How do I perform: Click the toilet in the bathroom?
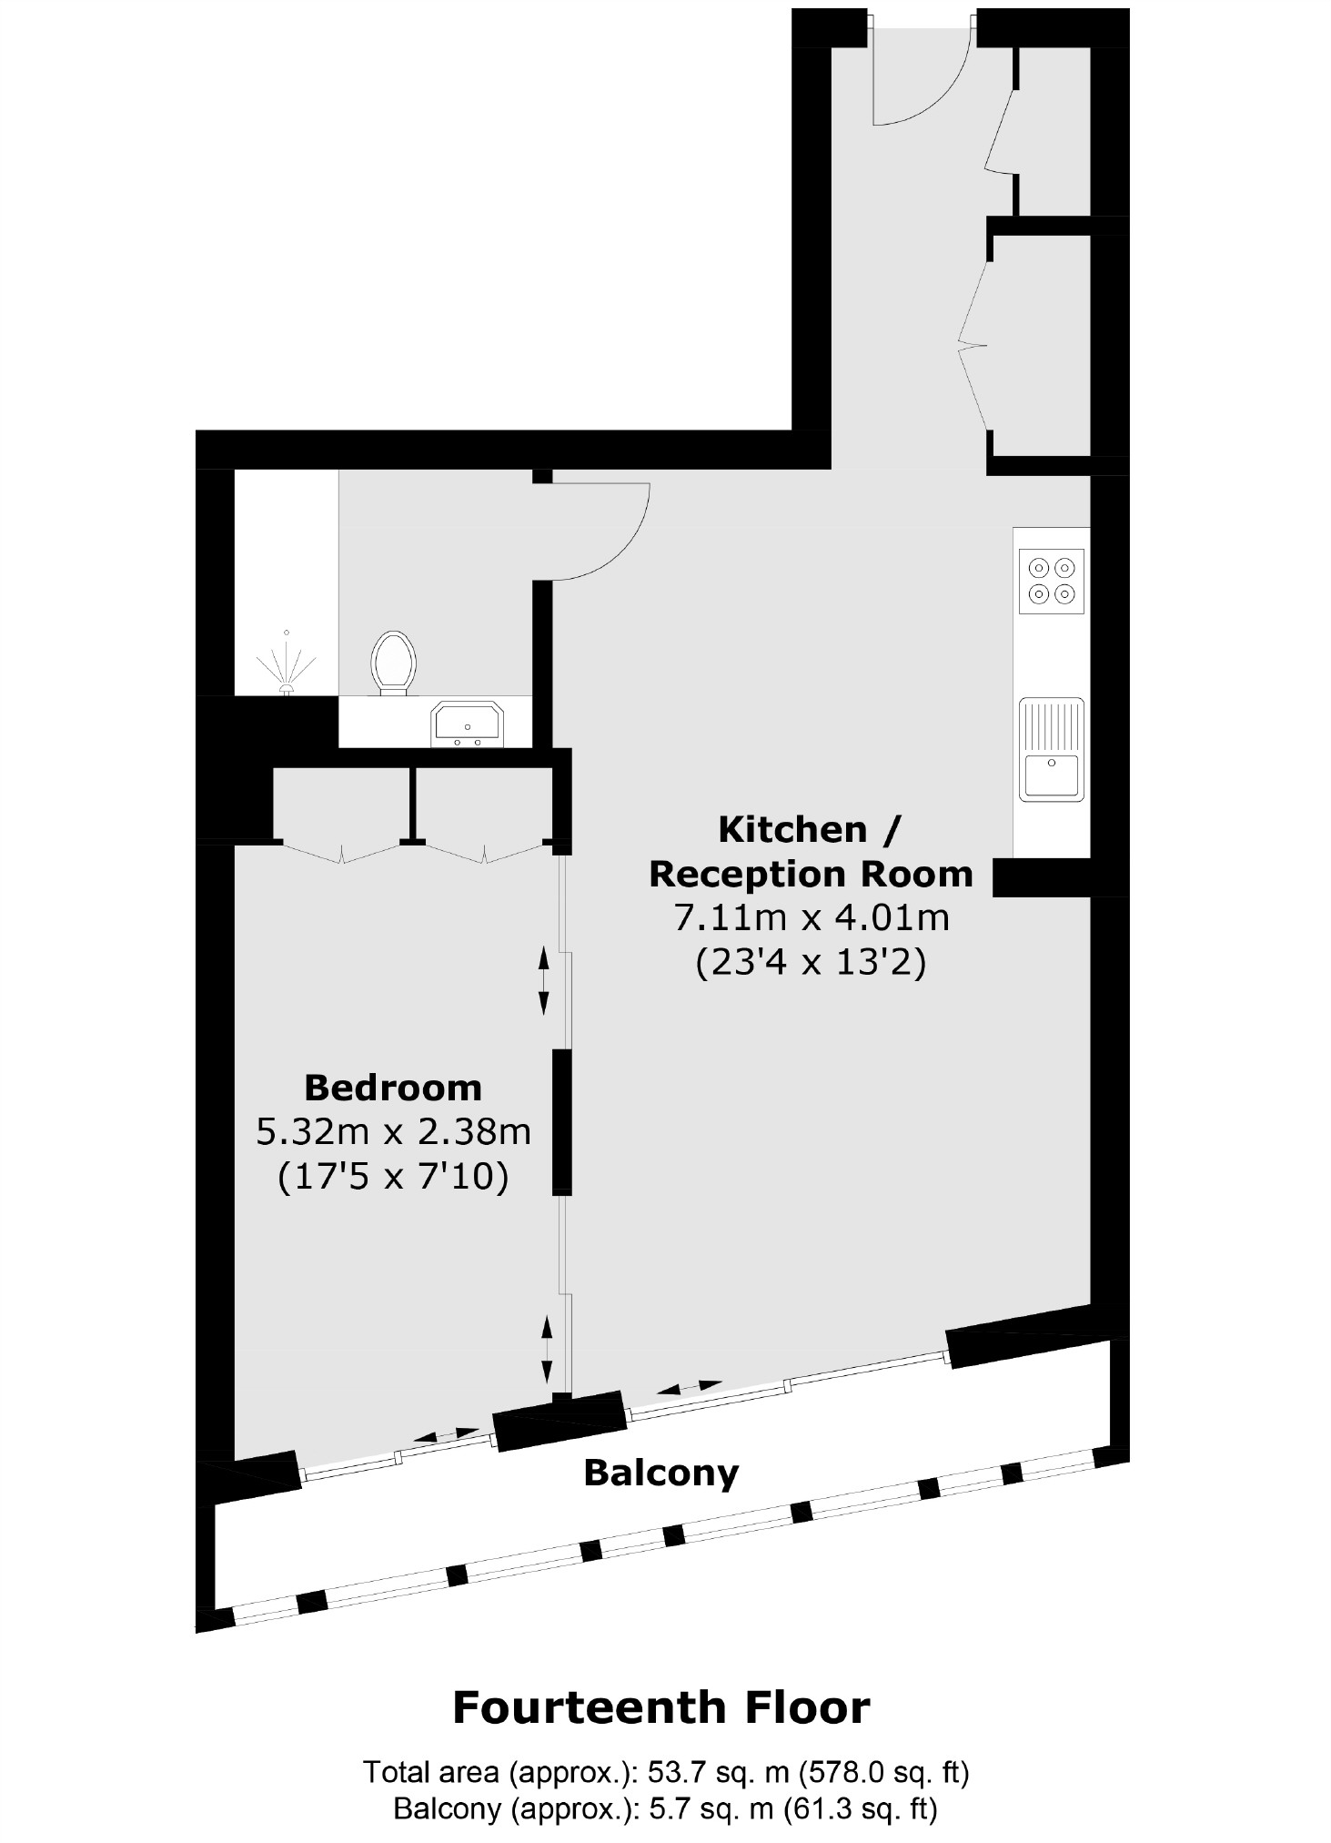click(393, 663)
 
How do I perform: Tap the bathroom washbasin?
click(468, 724)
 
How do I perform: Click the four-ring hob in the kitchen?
click(1052, 581)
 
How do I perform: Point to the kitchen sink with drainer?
click(1052, 749)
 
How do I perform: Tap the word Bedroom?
click(393, 1088)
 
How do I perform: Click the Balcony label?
click(661, 1472)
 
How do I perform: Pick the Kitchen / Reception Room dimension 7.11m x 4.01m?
click(812, 917)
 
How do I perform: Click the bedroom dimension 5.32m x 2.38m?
click(393, 1132)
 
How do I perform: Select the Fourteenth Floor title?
click(661, 1707)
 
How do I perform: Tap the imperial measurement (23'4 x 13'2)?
click(812, 962)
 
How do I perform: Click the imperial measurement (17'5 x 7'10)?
click(393, 1177)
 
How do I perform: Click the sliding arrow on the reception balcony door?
click(689, 1387)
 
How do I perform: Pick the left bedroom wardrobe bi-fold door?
click(341, 853)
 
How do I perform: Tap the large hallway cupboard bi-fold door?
click(973, 344)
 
